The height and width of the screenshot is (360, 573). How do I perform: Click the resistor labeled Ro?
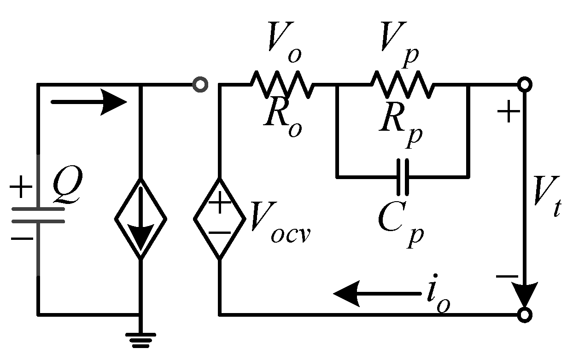(282, 84)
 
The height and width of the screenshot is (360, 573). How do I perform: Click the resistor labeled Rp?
(402, 84)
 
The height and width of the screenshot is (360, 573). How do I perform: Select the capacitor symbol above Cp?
(403, 176)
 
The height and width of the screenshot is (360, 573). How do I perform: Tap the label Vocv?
(280, 223)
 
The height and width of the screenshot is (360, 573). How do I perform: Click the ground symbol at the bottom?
(140, 338)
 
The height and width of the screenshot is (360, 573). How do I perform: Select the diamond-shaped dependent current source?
(140, 218)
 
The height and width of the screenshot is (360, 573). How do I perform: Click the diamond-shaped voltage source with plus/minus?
(219, 218)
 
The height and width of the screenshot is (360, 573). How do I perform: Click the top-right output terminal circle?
(525, 85)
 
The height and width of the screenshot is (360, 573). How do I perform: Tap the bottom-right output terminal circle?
(525, 314)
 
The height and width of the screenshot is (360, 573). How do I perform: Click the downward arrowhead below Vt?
(525, 290)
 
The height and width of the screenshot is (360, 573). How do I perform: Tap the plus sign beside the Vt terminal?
(508, 112)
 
